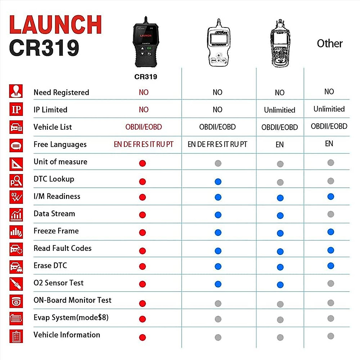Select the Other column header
tap(330, 43)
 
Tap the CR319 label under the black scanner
tap(145, 77)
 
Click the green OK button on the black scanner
tap(149, 48)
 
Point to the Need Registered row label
tap(61, 92)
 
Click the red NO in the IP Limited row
tap(144, 110)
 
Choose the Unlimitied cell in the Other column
tap(329, 109)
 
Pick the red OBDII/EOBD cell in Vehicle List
tap(144, 127)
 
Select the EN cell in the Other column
tap(329, 144)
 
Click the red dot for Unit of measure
tap(142, 163)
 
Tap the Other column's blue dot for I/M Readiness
tap(331, 196)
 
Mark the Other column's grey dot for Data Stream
tap(331, 214)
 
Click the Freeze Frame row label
tap(56, 231)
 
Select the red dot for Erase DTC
tap(142, 266)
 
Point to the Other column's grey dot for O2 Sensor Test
tap(331, 283)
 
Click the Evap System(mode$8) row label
tap(71, 317)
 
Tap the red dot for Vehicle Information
tap(142, 337)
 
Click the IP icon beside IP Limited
tap(16, 109)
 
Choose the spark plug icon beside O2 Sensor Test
tap(16, 284)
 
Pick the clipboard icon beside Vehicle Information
tap(16, 336)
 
